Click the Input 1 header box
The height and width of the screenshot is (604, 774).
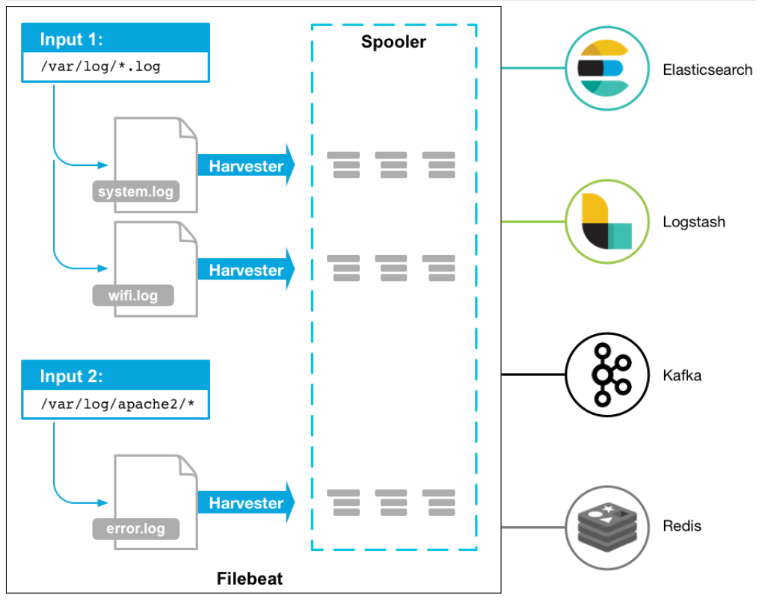tap(115, 38)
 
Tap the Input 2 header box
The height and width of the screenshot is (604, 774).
tap(115, 376)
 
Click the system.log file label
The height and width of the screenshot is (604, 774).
tap(135, 191)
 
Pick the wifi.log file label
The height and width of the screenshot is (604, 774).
tap(133, 295)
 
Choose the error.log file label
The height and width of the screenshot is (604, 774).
tap(135, 529)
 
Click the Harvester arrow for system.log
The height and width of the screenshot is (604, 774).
tap(246, 166)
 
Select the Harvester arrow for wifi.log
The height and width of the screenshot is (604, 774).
tap(246, 270)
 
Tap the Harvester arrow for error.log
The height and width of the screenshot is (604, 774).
tap(246, 503)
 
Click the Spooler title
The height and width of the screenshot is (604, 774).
tap(393, 42)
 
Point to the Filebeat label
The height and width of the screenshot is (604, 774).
tap(250, 579)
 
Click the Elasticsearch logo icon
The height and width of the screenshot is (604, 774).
tap(601, 70)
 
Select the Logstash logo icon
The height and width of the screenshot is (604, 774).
tap(601, 221)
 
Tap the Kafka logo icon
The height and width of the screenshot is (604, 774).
tap(601, 375)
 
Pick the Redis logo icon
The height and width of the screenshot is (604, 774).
tap(601, 526)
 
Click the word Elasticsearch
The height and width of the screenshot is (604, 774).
tap(707, 70)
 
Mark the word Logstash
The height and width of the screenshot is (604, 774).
tap(693, 222)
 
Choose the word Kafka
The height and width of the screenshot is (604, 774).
tap(682, 375)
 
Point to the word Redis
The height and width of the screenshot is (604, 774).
tap(682, 526)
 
